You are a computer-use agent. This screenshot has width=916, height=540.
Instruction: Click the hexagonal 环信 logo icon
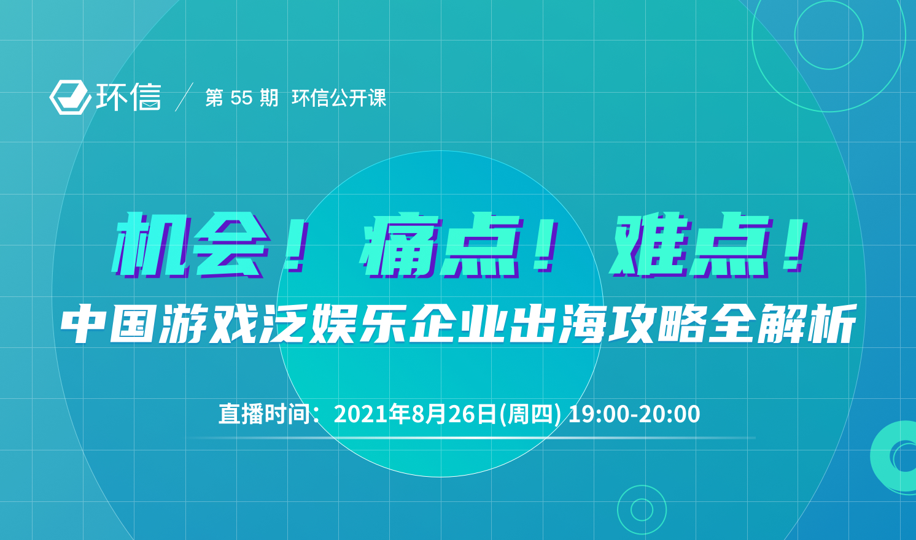[x=70, y=97]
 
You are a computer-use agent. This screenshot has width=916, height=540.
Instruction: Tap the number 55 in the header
[x=242, y=98]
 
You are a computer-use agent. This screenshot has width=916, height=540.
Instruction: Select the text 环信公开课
[x=339, y=98]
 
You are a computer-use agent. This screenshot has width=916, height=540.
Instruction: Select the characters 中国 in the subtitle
[x=108, y=323]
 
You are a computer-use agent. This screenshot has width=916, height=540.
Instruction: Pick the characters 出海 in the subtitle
[x=557, y=323]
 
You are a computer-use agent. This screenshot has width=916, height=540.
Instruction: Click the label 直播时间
[x=265, y=414]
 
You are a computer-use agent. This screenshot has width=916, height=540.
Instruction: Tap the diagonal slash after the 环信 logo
[x=184, y=97]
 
